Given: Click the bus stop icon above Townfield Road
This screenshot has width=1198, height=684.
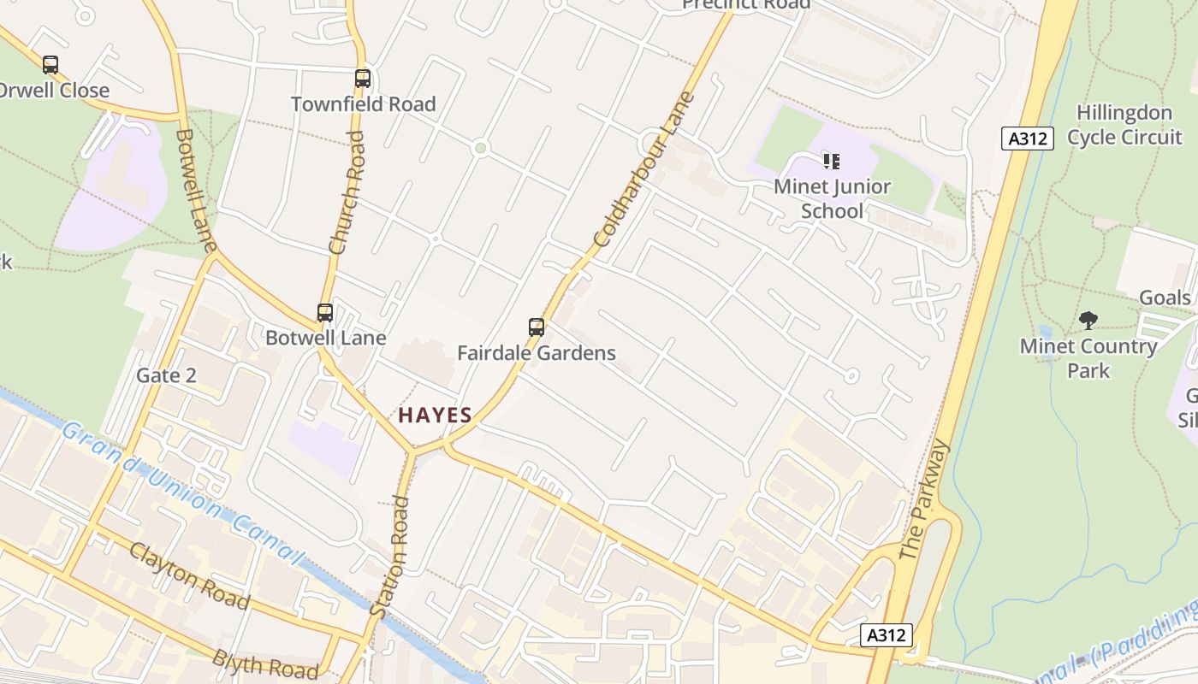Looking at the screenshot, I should click(363, 79).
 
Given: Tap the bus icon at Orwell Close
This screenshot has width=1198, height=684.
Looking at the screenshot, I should click(50, 65).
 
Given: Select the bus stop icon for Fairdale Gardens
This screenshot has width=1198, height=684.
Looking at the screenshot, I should click(537, 327).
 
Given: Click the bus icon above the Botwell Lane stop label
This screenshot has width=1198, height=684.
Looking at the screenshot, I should click(325, 313).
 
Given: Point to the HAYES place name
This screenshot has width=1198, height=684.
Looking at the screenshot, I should click(435, 416).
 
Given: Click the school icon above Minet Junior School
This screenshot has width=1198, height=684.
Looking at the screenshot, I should click(832, 161).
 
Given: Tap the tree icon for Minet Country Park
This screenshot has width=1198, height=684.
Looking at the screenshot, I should click(1088, 321).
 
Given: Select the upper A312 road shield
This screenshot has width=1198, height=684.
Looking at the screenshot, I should click(1027, 139).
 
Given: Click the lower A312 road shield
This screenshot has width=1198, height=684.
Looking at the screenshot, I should click(886, 635).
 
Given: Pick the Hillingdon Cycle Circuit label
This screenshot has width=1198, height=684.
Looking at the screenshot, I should click(1124, 125).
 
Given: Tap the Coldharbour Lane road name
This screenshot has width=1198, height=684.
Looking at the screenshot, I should click(644, 169).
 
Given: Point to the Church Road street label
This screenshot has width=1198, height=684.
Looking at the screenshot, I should click(347, 192).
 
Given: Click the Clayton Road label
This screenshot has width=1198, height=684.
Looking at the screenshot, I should click(189, 575).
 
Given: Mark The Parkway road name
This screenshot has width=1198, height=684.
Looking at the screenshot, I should click(926, 500).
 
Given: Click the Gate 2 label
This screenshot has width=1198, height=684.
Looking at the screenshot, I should click(166, 375).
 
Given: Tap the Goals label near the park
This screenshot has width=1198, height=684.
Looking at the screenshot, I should click(1165, 298).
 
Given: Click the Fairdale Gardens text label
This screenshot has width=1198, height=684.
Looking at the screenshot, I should click(537, 353).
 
